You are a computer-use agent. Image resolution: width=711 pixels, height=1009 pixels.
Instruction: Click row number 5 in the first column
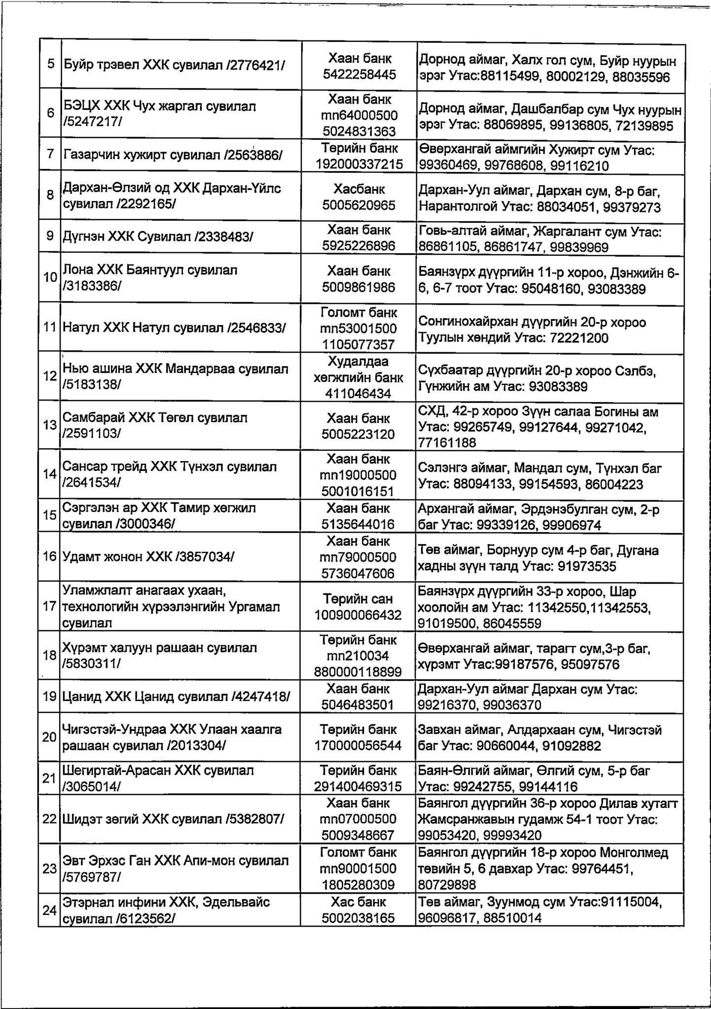pyautogui.click(x=51, y=65)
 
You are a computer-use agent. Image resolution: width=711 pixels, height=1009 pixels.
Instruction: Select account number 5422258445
pyautogui.click(x=359, y=74)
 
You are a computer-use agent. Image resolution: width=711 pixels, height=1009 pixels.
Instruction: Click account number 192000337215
pyautogui.click(x=359, y=164)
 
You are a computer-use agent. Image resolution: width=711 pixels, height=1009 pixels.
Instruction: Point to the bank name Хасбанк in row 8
pyautogui.click(x=359, y=189)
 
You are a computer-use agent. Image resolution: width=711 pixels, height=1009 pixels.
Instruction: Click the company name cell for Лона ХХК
pyautogui.click(x=180, y=278)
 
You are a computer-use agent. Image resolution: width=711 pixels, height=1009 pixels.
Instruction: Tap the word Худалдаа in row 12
pyautogui.click(x=358, y=362)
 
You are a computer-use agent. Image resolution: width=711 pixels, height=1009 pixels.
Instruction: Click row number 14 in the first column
pyautogui.click(x=50, y=474)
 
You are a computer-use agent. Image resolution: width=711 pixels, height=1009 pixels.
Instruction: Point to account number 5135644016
pyautogui.click(x=358, y=524)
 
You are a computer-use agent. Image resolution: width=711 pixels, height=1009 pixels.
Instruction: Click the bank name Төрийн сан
pyautogui.click(x=358, y=599)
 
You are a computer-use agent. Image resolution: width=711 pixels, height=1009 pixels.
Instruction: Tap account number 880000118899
pyautogui.click(x=358, y=672)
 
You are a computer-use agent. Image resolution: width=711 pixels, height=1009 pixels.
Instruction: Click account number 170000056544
pyautogui.click(x=358, y=745)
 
